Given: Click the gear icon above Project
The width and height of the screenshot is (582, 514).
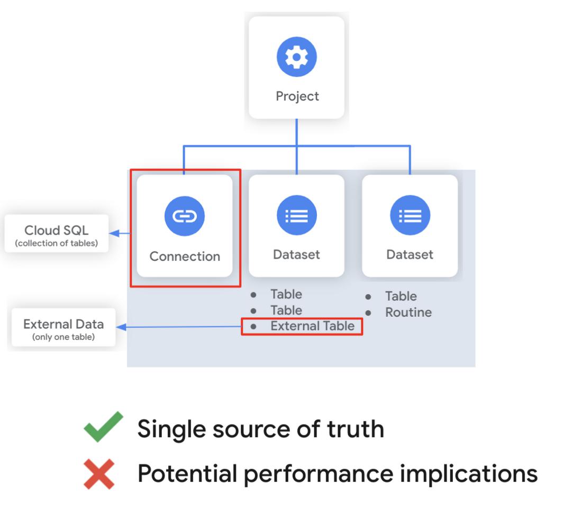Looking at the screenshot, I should coord(297,57).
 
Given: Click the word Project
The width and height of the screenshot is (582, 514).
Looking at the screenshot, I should coord(297,96).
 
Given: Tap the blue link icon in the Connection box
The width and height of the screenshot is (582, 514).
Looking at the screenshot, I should coord(184,216).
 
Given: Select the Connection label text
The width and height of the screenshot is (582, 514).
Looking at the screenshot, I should coord(185,256).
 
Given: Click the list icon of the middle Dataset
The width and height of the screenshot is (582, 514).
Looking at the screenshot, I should coord(296,216).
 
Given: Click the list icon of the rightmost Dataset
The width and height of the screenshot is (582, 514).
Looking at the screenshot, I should coord(410,216).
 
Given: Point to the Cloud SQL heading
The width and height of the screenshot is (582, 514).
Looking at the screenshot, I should coord(57,231).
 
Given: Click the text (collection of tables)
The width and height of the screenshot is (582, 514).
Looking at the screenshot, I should coord(57,243).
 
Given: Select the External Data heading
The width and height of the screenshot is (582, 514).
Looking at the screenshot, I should coord(63,324).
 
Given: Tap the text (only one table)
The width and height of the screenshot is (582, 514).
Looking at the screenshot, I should coord(63,337).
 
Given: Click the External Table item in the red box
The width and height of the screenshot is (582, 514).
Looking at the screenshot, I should coord(312,326).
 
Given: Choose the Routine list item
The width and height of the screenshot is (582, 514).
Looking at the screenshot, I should coord(408,313).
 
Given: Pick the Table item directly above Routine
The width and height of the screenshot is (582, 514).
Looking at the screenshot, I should coord(401,296).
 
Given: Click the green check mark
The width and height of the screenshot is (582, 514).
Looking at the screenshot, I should coord(103,427).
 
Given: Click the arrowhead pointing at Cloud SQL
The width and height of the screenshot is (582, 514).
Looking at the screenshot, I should coord(113,233).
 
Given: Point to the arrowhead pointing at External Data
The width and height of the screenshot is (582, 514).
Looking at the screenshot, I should coord(121,327).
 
